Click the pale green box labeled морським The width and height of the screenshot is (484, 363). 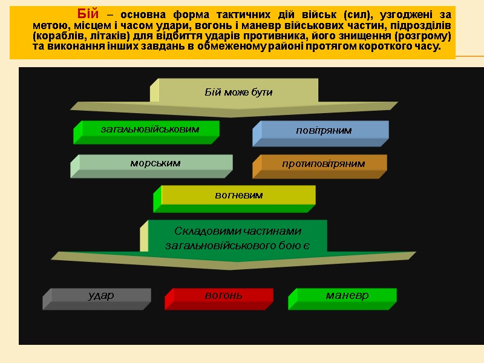click(155, 163)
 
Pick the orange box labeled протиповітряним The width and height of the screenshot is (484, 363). click(323, 164)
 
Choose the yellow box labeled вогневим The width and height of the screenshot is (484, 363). click(239, 195)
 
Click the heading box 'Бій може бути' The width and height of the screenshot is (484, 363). click(238, 93)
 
